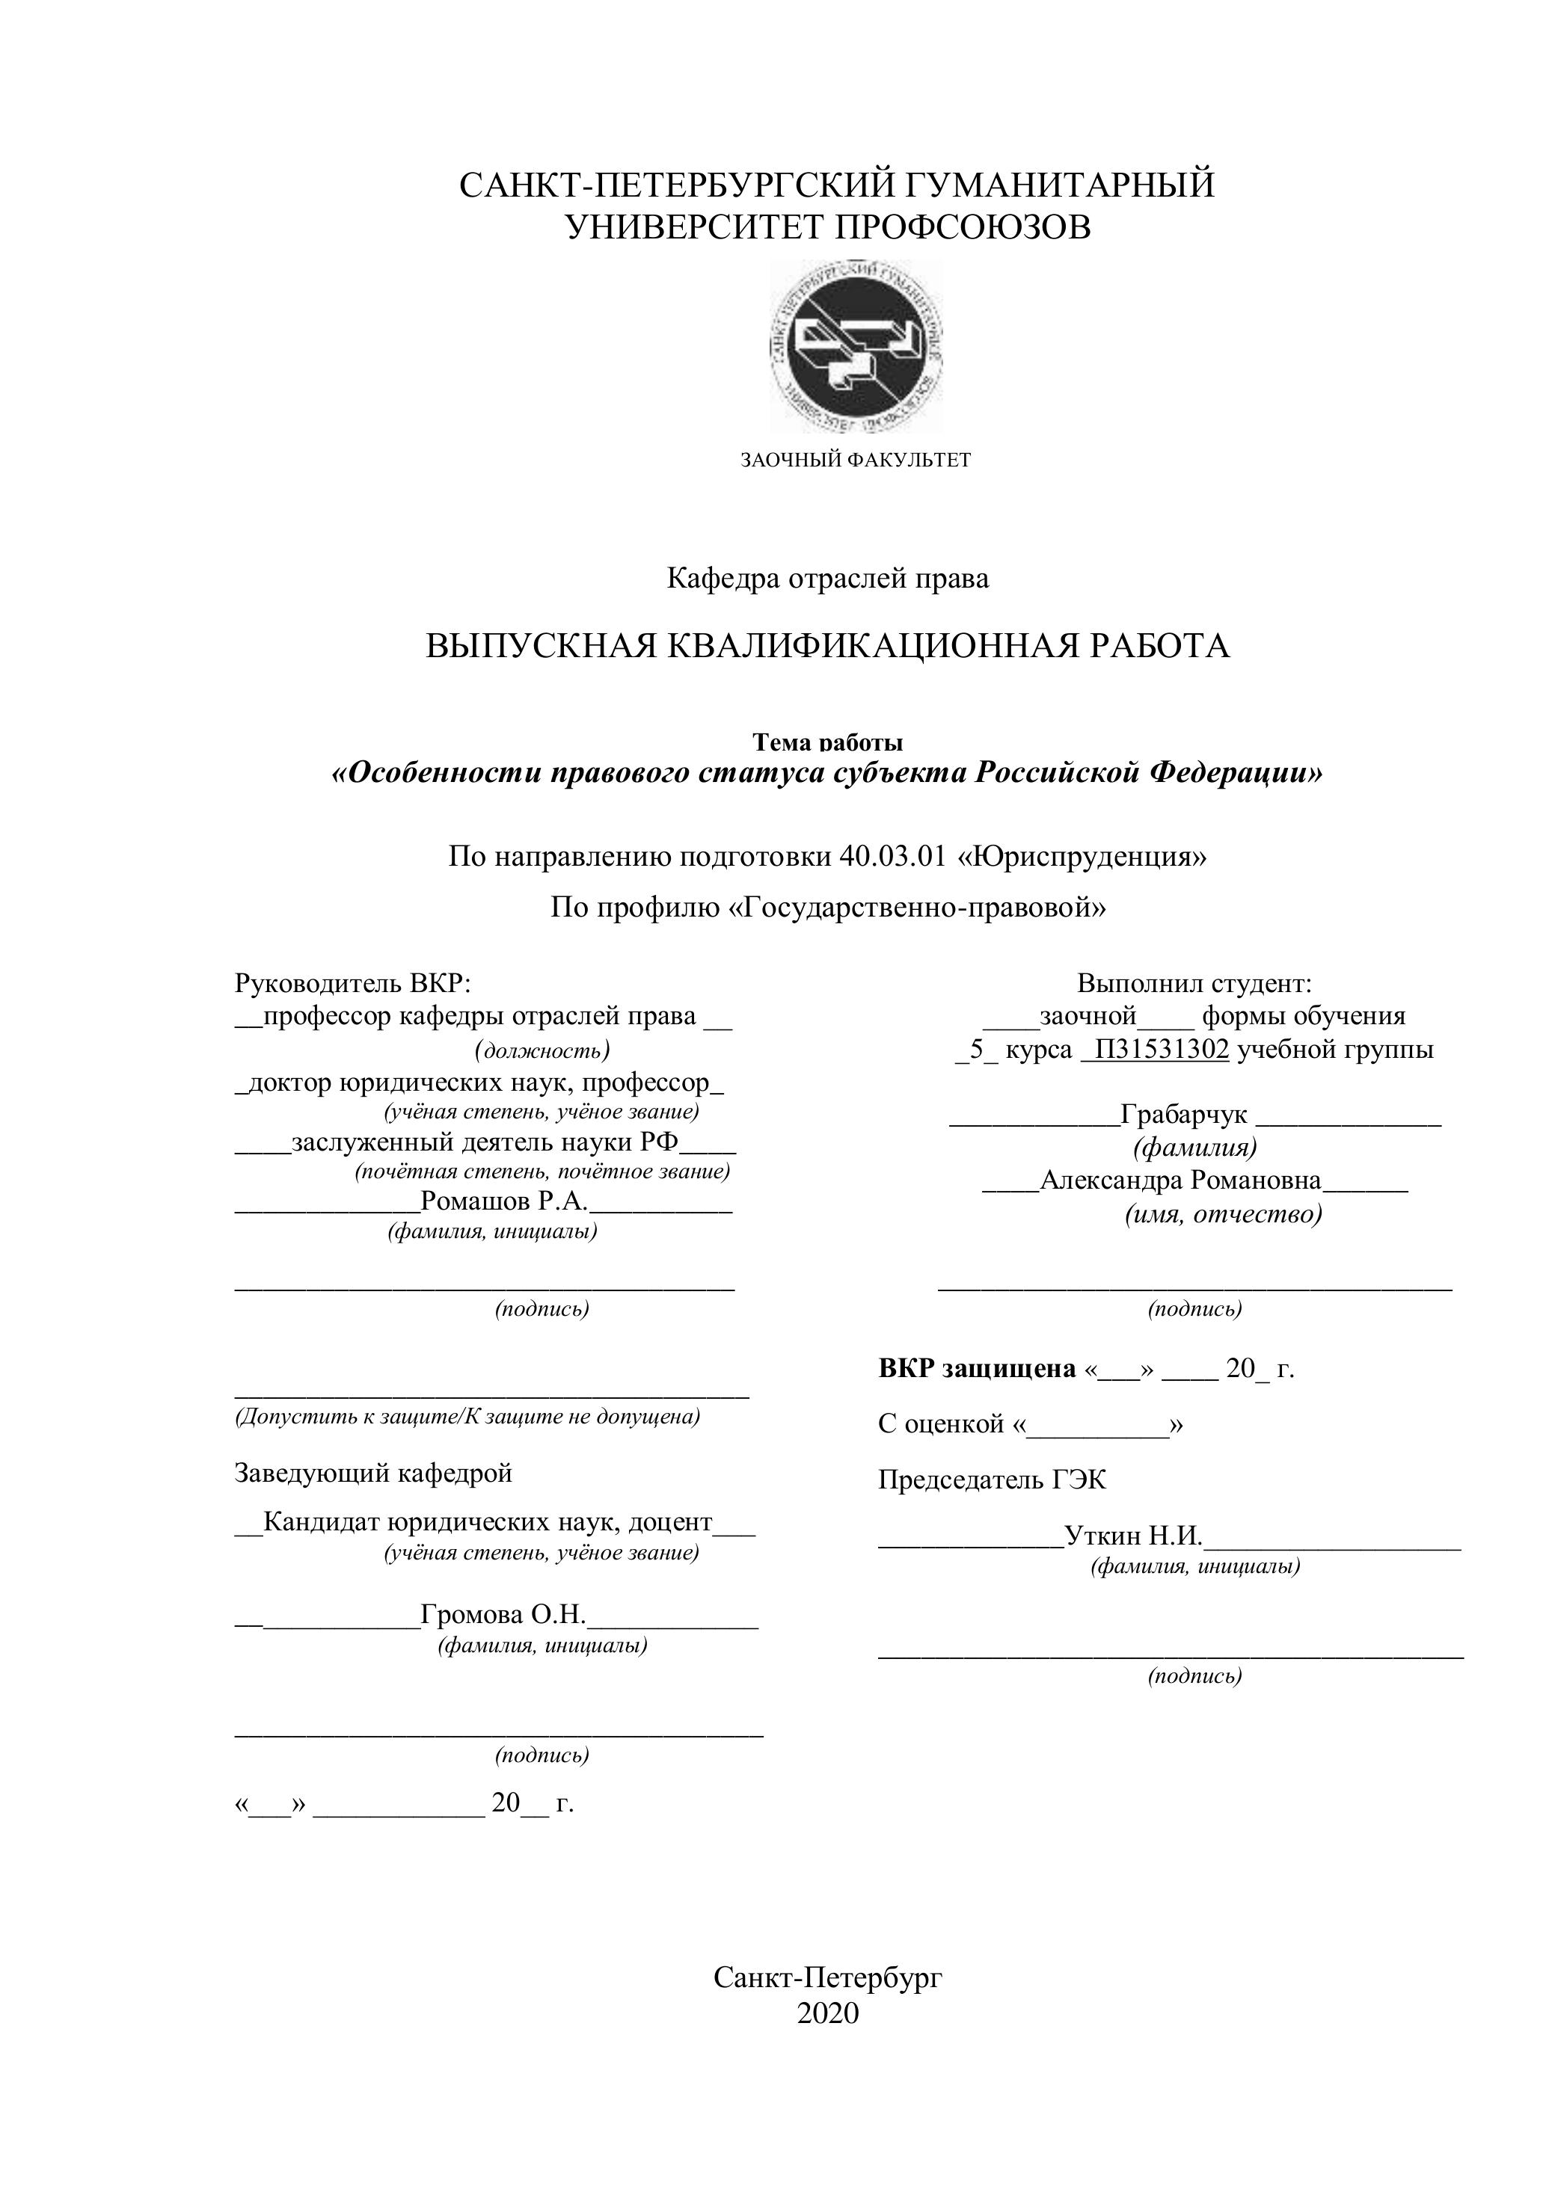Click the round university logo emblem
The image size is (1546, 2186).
tap(856, 345)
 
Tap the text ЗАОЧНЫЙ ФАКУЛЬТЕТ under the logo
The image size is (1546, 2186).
tap(856, 461)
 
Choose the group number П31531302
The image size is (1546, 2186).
tap(1161, 1050)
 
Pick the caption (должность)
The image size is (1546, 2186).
tap(541, 1050)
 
